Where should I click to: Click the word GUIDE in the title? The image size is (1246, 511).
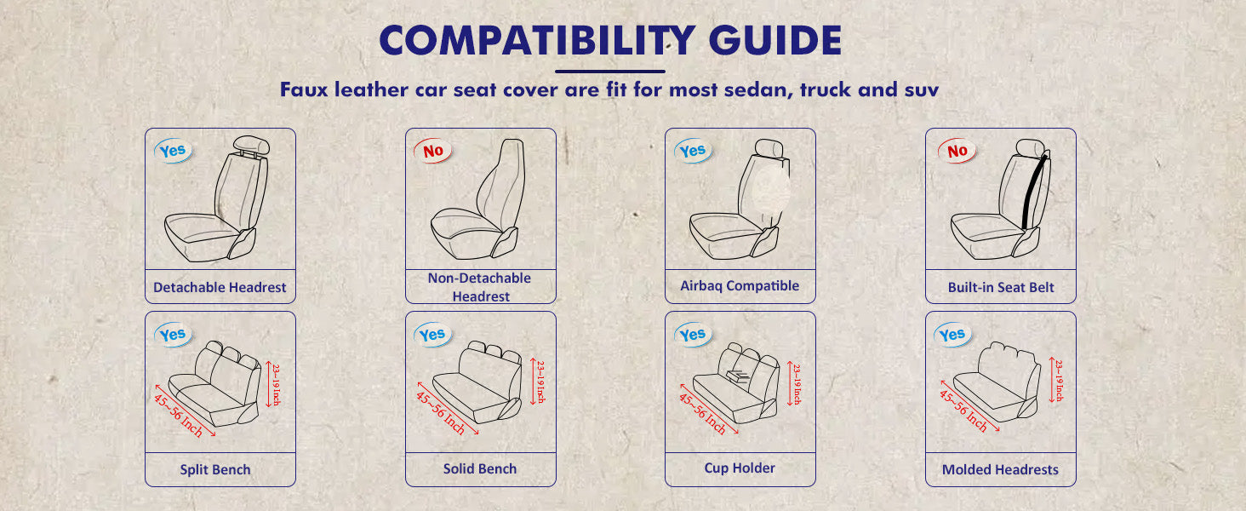click(774, 40)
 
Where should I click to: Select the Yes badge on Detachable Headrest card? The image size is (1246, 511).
click(173, 151)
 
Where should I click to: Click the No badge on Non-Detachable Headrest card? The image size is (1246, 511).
click(432, 151)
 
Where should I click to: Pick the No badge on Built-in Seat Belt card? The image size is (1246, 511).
click(957, 151)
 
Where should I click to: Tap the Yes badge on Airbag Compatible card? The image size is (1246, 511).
click(693, 151)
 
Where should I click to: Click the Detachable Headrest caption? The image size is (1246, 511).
click(220, 287)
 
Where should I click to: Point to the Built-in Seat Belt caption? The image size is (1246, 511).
click(1001, 287)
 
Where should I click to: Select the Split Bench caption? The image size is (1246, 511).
click(215, 470)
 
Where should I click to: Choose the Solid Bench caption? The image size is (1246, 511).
click(480, 468)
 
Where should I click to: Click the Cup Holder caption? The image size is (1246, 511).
click(740, 468)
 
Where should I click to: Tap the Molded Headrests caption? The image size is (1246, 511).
click(1000, 470)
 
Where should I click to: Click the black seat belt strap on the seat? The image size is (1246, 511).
click(1034, 192)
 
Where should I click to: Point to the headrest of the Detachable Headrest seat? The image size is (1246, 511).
click(251, 145)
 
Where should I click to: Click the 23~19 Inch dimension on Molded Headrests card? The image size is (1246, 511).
click(1059, 380)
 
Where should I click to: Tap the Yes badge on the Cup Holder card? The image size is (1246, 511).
click(693, 335)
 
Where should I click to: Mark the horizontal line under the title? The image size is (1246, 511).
click(610, 72)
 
